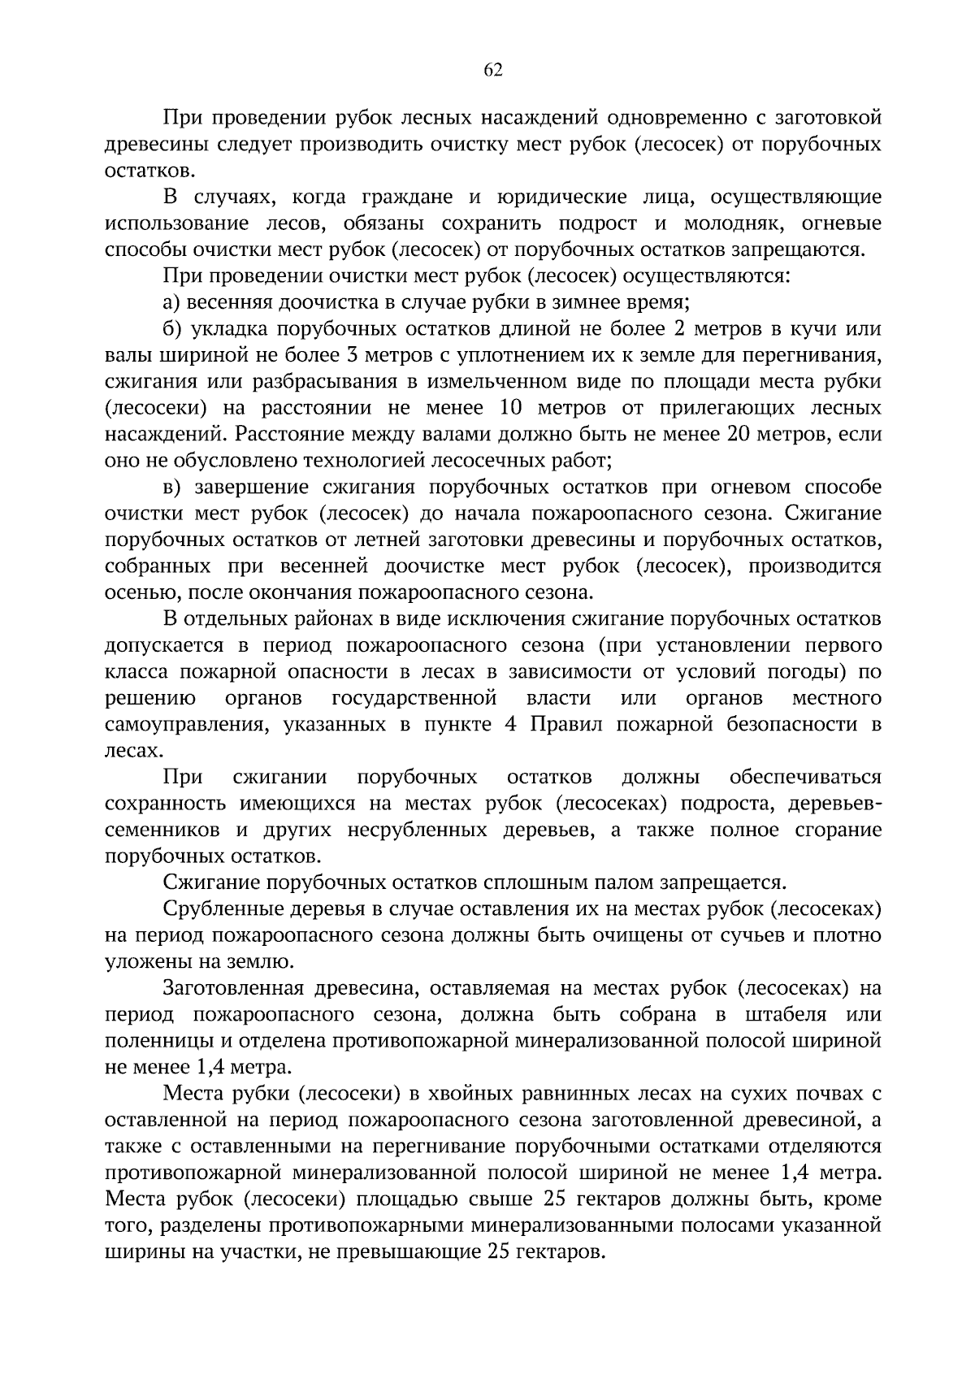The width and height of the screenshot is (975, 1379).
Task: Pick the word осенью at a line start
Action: point(136,592)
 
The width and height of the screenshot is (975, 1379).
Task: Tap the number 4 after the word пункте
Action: point(510,725)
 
